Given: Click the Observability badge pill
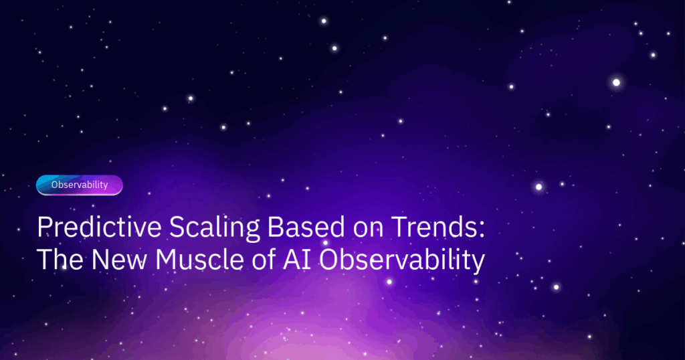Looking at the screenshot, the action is pos(79,185).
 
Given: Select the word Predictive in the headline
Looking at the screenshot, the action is pos(99,228).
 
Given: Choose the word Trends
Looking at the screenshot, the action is pos(433,228).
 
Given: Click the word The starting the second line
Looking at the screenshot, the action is pos(60,260).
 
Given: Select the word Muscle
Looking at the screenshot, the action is pos(193,260).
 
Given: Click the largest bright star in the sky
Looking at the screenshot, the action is pos(616,82).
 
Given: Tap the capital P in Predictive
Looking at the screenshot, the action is pos(45,228).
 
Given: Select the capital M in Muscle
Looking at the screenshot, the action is pos(168,260).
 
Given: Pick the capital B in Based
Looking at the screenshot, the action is pos(276,228).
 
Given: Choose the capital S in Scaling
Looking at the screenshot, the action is pos(178,228).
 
